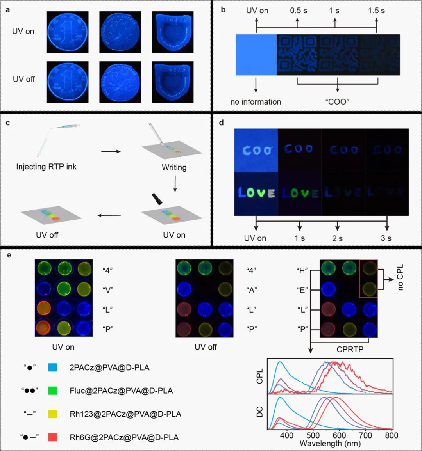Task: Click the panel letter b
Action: point(223,10)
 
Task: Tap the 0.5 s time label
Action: point(298,11)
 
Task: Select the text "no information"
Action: point(256,102)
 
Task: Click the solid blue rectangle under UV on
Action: point(256,55)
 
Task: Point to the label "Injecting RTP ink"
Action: point(46,167)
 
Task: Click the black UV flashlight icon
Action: point(157,199)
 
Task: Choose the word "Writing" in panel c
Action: point(174,167)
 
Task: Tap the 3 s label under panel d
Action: point(386,238)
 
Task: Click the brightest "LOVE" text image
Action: point(256,193)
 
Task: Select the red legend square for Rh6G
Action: point(52,437)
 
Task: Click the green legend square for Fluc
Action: point(52,391)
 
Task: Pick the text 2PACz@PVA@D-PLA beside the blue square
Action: point(109,368)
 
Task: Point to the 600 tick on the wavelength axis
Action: point(339,435)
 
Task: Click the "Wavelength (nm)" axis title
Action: point(330,444)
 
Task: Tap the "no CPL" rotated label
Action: point(400,277)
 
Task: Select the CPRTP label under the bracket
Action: point(350,350)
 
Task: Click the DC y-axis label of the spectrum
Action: point(260,412)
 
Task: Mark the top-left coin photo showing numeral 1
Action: point(68,32)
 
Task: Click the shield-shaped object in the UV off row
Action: point(173,82)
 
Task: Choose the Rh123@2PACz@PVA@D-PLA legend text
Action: point(125,414)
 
